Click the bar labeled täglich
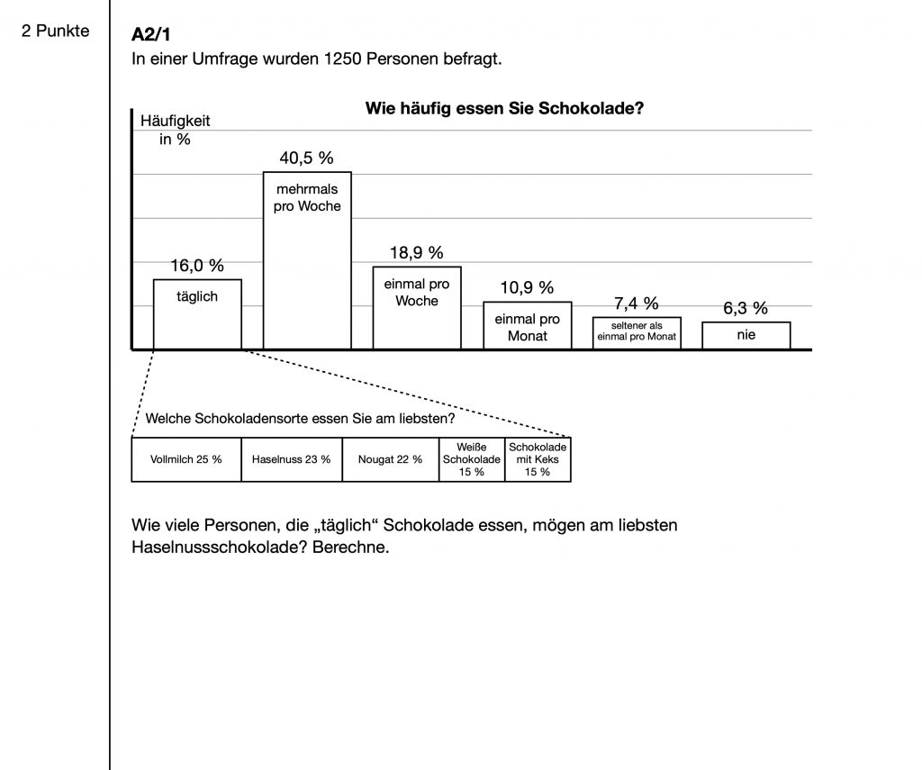coord(197,314)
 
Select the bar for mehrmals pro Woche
coord(307,260)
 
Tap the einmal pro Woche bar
coord(417,307)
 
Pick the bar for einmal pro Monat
coord(527,325)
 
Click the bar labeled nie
coord(746,336)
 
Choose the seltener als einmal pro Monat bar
coord(637,333)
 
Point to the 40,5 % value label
coord(306,158)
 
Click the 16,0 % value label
coord(197,266)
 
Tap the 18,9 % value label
coord(416,253)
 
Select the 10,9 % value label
coord(527,288)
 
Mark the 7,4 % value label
coord(636,303)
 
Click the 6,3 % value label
coord(746,308)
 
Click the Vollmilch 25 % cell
coord(185,459)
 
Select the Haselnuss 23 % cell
coord(291,459)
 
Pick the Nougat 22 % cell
coord(390,459)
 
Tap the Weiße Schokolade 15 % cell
coord(471,459)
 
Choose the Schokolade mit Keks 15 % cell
coord(538,459)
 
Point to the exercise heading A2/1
coord(150,36)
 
